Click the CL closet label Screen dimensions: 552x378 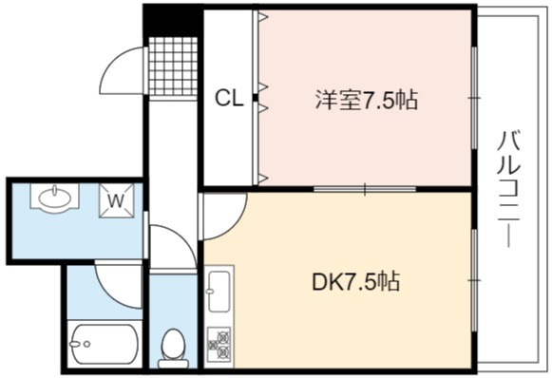(229, 98)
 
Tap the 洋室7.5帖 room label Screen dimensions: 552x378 (367, 100)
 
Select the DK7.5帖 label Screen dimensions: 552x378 (355, 281)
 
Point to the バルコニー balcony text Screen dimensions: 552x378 (508, 189)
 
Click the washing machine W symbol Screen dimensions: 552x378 (117, 201)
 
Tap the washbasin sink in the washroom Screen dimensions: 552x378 (54, 198)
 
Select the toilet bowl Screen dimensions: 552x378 (173, 344)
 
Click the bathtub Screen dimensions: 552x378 (105, 344)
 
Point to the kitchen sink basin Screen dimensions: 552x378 (219, 292)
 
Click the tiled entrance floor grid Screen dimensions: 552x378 (173, 66)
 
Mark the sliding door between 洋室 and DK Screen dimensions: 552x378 (365, 189)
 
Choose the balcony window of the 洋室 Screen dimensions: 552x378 (474, 98)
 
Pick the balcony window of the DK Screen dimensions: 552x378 (474, 280)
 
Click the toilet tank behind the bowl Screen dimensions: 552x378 (173, 364)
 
